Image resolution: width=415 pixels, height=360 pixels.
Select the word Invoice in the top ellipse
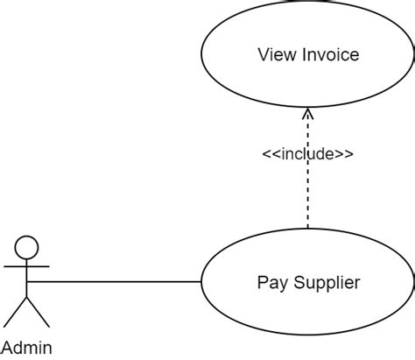pos(331,54)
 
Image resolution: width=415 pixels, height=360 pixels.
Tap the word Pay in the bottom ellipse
pos(272,283)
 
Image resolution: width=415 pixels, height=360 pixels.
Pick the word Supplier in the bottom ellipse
pos(327,283)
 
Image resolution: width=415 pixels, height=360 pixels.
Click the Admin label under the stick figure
pos(27,348)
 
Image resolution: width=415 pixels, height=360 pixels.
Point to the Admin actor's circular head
pos(26,247)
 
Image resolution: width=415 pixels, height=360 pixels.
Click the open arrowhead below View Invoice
pos(307,114)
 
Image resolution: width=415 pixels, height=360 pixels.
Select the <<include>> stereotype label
pos(308,154)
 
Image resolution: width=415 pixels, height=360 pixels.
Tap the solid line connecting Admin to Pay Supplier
pos(114,282)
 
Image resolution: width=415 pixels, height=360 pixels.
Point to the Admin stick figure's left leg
pos(15,312)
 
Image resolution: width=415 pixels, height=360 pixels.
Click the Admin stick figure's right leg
pos(38,312)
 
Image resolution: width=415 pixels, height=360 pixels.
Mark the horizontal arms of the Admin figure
pos(26,266)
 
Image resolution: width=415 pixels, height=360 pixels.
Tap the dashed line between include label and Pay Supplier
pos(307,195)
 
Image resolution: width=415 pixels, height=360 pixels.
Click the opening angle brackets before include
pos(271,154)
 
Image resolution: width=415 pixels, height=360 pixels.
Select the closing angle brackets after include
pos(344,154)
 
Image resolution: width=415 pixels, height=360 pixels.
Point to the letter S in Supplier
pos(299,282)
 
